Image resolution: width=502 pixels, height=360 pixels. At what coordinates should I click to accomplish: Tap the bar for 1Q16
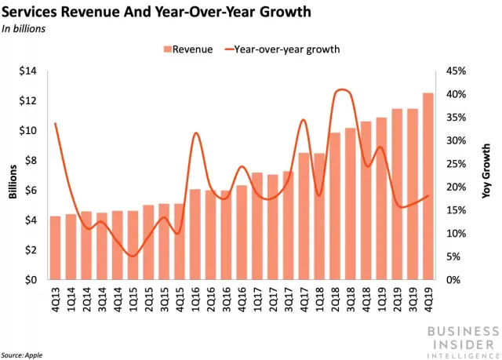tap(195, 235)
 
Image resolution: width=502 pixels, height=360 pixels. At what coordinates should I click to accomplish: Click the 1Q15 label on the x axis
tap(133, 298)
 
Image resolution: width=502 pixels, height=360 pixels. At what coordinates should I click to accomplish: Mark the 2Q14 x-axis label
tap(86, 298)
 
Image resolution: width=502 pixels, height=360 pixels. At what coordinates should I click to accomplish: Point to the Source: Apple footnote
tap(21, 354)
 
